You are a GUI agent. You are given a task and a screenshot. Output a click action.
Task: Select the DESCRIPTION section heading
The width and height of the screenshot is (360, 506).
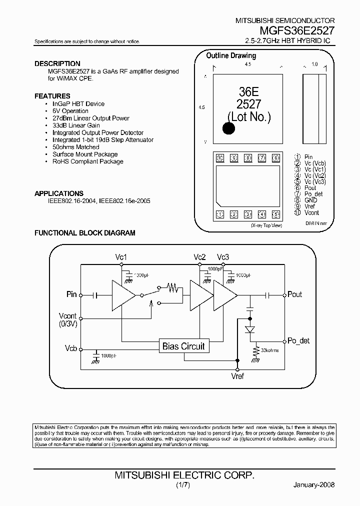pos(57,63)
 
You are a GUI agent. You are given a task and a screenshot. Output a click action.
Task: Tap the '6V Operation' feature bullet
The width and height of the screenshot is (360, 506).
pos(70,111)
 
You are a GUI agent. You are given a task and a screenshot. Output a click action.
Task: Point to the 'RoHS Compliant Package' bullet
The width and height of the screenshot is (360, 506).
pos(87,161)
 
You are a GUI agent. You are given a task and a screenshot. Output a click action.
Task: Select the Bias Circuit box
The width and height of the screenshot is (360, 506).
pos(183,346)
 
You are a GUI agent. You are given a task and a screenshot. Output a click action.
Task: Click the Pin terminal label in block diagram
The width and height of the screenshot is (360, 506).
pos(72,294)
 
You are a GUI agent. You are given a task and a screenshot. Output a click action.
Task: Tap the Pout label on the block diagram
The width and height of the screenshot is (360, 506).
pos(295,294)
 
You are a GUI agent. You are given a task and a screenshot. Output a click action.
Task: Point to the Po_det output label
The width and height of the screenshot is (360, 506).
pos(298,340)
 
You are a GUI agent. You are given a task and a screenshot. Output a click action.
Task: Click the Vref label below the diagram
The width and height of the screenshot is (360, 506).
pos(237,375)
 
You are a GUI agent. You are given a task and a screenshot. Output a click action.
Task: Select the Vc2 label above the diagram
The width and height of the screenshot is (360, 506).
pos(199,257)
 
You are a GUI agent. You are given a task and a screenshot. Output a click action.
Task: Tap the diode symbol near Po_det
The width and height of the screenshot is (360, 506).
pos(249,329)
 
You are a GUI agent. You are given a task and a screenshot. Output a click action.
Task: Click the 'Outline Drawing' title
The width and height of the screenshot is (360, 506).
pos(231,55)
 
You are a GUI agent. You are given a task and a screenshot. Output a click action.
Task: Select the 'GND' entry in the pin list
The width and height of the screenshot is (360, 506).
pos(310,200)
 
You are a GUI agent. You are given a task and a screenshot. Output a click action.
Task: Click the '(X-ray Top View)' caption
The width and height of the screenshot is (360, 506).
pos(266,225)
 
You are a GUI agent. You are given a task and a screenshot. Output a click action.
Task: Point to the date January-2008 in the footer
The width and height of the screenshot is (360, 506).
pos(313,485)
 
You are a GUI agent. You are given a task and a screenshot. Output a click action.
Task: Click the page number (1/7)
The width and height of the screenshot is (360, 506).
pos(183,485)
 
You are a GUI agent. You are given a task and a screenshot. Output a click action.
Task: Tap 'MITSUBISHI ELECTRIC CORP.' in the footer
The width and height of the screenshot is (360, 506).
pos(184,475)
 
